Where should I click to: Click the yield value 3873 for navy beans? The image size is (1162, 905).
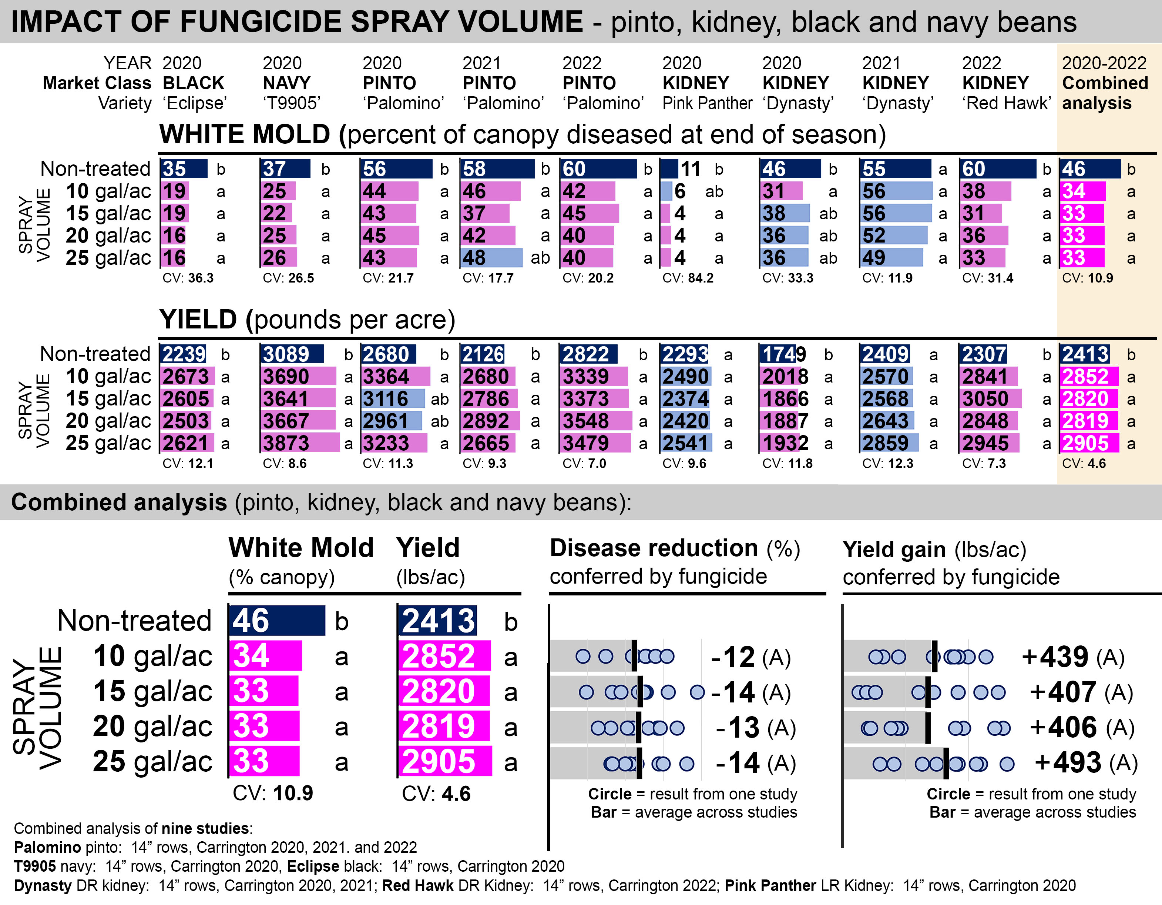pyautogui.click(x=286, y=443)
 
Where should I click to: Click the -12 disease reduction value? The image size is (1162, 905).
pyautogui.click(x=733, y=657)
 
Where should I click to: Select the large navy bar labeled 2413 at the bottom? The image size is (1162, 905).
pyautogui.click(x=437, y=621)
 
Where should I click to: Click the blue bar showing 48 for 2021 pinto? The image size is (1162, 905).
pyautogui.click(x=491, y=258)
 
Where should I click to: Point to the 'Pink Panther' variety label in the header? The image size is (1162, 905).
pyautogui.click(x=707, y=103)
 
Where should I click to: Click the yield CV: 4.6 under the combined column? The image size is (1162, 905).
pyautogui.click(x=1084, y=463)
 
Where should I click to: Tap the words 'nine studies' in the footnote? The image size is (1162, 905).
pyautogui.click(x=205, y=828)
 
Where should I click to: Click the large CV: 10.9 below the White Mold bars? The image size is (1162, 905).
pyautogui.click(x=273, y=793)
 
